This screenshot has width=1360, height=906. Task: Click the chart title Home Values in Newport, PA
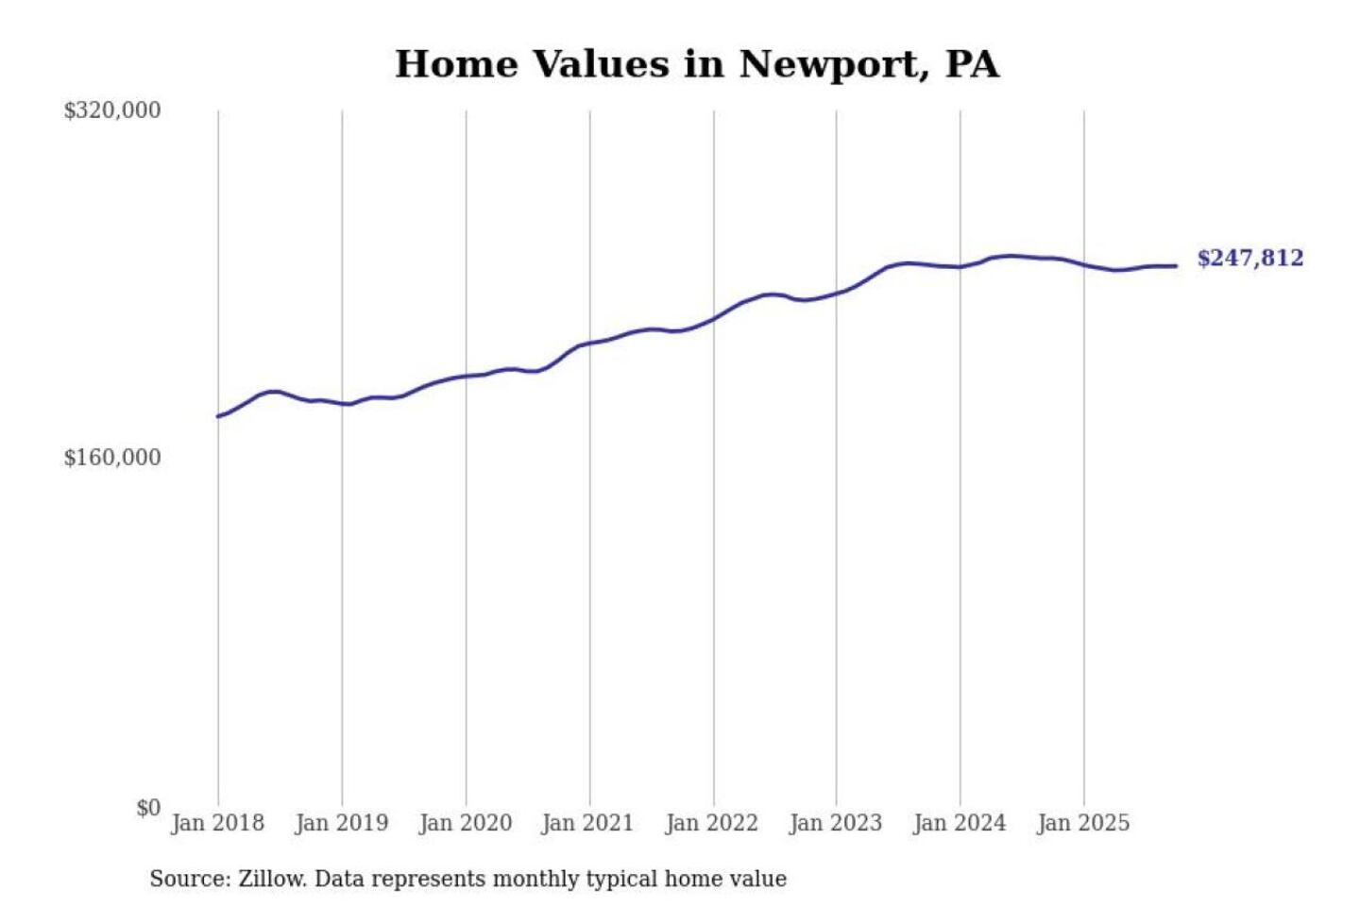tap(697, 64)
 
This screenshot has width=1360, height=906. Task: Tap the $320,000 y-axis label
tap(112, 110)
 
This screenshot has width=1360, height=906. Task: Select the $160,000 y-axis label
tap(112, 458)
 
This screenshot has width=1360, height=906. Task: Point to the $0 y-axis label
tap(148, 808)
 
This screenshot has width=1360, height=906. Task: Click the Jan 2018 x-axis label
tap(217, 823)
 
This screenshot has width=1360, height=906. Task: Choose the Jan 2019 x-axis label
tap(341, 823)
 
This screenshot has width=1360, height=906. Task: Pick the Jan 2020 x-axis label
tap(465, 823)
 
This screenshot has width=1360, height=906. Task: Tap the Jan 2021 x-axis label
tap(587, 823)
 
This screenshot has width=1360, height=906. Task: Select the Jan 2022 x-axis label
tap(711, 823)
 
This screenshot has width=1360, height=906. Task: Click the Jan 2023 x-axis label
tap(835, 823)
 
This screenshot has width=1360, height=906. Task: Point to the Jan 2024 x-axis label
tap(959, 823)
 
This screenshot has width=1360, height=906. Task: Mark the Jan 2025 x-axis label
tap(1082, 823)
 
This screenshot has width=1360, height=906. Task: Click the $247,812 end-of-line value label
tap(1249, 259)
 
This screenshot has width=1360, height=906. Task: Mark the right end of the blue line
tap(1176, 266)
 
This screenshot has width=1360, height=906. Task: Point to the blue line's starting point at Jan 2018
tap(218, 416)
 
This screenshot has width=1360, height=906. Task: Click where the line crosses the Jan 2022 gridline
tap(714, 318)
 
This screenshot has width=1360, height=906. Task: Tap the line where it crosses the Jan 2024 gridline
tap(960, 267)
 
